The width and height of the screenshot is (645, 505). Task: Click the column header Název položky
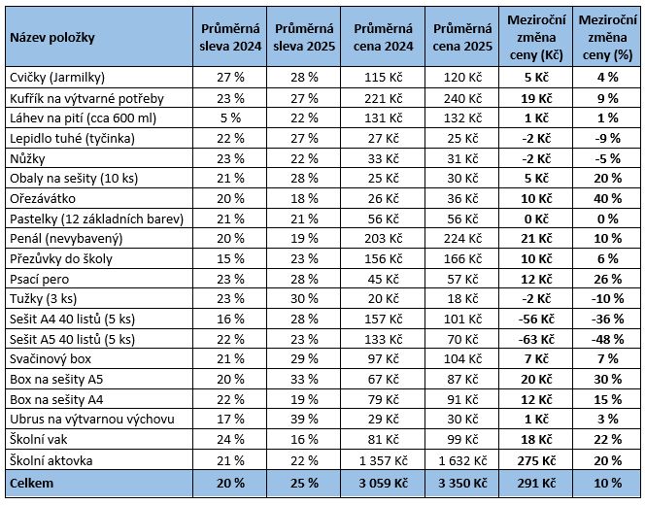click(x=52, y=38)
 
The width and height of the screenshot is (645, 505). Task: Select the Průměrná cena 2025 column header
click(x=462, y=38)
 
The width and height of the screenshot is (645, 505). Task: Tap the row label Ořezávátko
click(x=43, y=199)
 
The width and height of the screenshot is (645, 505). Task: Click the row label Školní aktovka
click(x=51, y=460)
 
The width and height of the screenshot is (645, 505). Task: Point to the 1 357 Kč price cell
click(x=384, y=460)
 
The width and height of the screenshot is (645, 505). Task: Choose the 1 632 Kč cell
click(x=462, y=460)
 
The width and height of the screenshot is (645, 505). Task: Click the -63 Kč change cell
click(x=536, y=339)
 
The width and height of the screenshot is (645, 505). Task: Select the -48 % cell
click(x=607, y=339)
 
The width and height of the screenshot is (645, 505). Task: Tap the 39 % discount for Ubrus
click(x=304, y=419)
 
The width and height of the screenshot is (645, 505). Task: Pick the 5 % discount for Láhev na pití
click(x=230, y=118)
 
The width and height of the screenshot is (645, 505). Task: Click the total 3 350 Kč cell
click(x=462, y=483)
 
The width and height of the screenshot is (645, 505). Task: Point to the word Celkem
click(x=32, y=483)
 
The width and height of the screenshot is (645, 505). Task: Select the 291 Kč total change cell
click(x=536, y=483)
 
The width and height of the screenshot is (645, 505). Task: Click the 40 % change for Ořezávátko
click(x=607, y=199)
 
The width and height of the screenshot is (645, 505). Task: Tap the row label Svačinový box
click(x=51, y=359)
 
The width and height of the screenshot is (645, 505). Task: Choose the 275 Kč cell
click(x=536, y=460)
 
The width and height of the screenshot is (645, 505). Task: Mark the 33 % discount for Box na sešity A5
click(x=304, y=379)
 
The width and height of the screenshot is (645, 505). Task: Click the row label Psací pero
click(x=40, y=280)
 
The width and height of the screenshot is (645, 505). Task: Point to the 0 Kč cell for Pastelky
click(x=536, y=219)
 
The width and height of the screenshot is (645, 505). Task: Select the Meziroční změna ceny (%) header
click(x=607, y=38)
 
